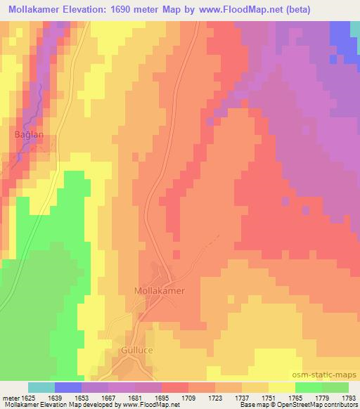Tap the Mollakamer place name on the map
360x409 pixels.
[160, 290]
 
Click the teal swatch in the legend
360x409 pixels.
[41, 387]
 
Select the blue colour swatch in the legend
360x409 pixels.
[68, 387]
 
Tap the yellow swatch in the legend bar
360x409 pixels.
[282, 387]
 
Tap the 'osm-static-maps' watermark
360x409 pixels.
[329, 374]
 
